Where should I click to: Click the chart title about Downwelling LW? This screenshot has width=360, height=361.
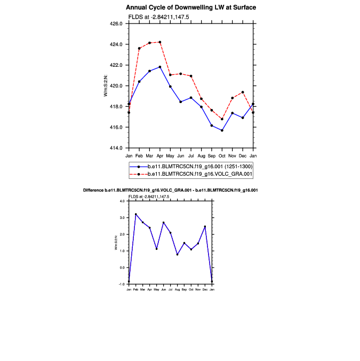coord(191,7)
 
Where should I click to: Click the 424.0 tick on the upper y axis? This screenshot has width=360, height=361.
coord(116,44)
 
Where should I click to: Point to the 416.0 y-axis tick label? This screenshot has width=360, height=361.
coord(116,127)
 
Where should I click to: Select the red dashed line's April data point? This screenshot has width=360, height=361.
coord(160,42)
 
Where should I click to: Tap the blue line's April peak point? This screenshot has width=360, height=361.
coord(160,67)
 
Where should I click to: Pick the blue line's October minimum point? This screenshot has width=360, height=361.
coord(222,130)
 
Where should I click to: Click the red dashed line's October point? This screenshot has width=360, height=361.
coord(222,119)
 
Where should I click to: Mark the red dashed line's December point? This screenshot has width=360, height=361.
coord(243,92)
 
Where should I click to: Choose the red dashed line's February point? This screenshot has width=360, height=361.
coord(139,48)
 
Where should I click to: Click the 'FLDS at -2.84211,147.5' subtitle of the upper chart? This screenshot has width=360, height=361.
coord(158,17)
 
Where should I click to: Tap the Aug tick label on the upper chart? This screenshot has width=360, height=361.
coord(201,155)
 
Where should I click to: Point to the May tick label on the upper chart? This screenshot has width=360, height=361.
coord(170,155)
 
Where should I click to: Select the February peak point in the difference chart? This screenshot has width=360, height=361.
coord(135,214)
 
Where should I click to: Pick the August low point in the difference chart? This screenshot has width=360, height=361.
coord(177,254)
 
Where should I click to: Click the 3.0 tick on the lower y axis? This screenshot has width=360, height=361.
coord(122,218)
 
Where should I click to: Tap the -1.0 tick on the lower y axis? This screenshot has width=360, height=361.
coord(122,284)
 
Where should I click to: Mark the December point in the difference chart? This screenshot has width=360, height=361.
coord(205,226)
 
